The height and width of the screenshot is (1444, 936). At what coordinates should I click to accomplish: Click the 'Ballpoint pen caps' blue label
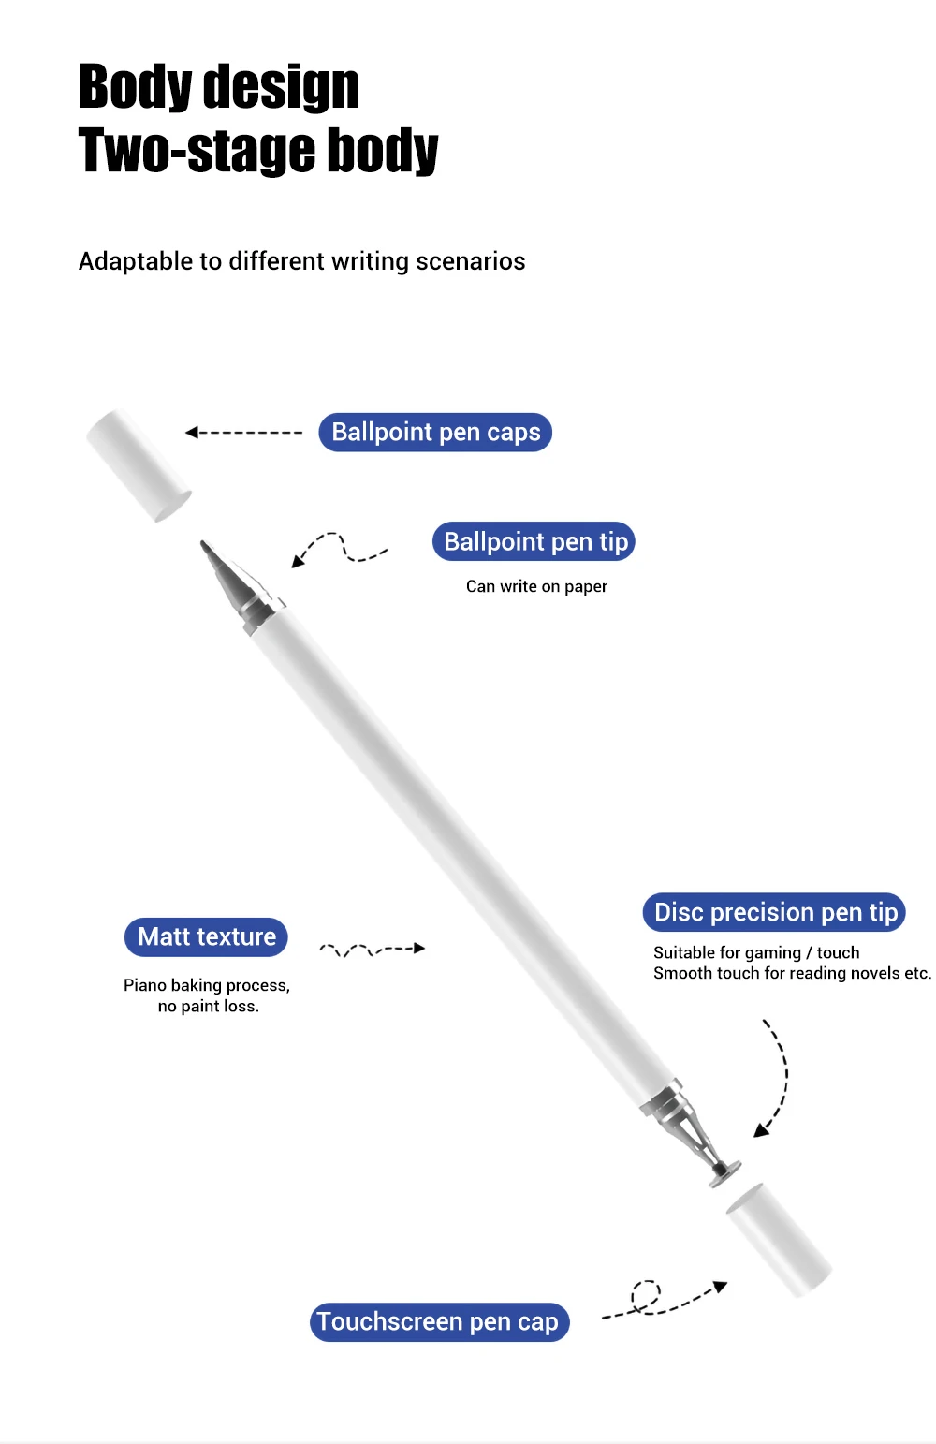click(435, 432)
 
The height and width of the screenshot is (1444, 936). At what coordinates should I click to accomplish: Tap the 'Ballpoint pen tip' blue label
click(534, 541)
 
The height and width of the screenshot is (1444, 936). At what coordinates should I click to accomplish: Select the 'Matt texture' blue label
click(206, 936)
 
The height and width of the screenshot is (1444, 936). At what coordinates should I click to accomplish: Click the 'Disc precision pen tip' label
click(774, 912)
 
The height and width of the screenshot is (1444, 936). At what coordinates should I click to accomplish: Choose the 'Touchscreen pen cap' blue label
click(439, 1322)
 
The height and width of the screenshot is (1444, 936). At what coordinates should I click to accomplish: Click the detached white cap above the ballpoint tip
click(139, 464)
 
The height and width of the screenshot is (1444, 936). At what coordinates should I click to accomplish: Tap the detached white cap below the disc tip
click(779, 1240)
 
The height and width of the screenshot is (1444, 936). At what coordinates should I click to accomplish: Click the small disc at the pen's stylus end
click(724, 1172)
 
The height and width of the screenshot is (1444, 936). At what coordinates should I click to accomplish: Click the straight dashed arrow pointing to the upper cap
click(243, 432)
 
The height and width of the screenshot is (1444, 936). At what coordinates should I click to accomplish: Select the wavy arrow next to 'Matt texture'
click(373, 950)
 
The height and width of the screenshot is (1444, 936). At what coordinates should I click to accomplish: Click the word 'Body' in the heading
click(135, 87)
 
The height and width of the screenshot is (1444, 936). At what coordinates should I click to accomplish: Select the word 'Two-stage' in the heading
click(197, 150)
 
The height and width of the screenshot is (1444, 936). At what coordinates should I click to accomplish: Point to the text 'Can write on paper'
click(536, 586)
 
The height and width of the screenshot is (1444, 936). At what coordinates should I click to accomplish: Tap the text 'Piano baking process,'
click(207, 985)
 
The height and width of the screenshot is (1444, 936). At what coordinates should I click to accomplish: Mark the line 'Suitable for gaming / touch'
click(756, 952)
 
